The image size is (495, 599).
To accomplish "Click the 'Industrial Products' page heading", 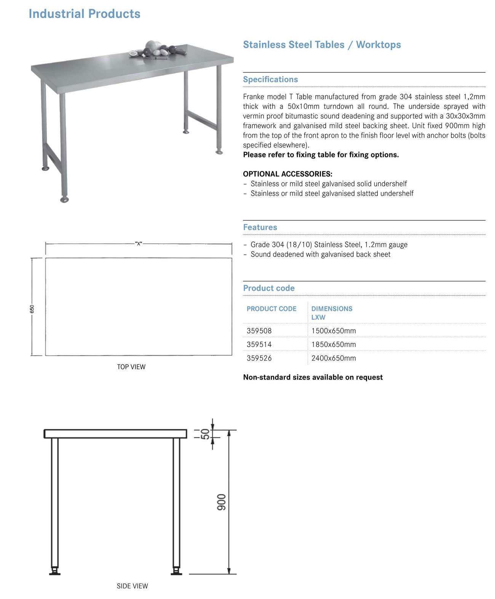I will [85, 14].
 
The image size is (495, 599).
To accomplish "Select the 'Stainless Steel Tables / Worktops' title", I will [322, 45].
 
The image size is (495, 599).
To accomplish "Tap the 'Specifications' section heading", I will [270, 80].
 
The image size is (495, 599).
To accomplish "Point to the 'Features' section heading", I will [260, 227].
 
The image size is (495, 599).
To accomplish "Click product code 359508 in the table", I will [259, 331].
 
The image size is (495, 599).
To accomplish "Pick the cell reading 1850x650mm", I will [334, 345].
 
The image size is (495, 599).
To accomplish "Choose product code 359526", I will [259, 358].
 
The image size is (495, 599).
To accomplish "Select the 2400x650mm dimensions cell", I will [334, 358].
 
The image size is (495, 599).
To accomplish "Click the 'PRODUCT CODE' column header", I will [271, 309].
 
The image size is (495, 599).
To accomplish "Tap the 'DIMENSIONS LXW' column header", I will [332, 313].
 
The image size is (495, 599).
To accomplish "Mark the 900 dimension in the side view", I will [222, 502].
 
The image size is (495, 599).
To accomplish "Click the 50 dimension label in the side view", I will [205, 434].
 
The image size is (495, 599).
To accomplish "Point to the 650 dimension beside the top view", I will [32, 309].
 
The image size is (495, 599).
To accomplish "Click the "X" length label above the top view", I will [139, 244].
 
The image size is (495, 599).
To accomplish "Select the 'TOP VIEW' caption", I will [131, 367].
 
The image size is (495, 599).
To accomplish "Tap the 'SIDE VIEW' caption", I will [132, 586].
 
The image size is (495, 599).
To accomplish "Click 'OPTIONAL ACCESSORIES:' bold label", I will [287, 174].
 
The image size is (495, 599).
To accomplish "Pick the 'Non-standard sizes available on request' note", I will [313, 377].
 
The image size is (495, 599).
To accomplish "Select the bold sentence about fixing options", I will [321, 155].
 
